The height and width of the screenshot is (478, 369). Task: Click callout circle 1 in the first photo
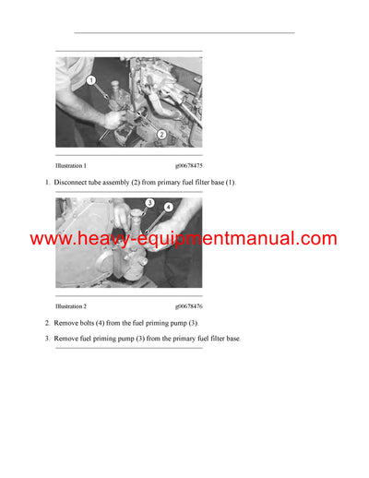[x=91, y=81]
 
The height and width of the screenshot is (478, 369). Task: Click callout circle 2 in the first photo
[x=161, y=135]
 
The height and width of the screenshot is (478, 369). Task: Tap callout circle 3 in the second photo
[x=149, y=203]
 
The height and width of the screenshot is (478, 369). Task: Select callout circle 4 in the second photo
[x=169, y=209]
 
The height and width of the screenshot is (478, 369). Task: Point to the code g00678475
[x=188, y=165]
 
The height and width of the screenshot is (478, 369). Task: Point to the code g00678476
[x=188, y=305]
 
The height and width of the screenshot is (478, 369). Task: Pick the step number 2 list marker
[x=47, y=323]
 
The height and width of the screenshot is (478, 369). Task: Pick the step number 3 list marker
[x=47, y=339]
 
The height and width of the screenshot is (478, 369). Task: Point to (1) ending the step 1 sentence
[x=231, y=183]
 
